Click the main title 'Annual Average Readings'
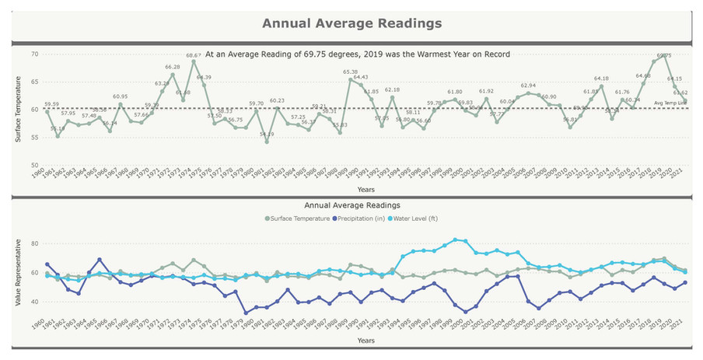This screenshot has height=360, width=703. (351, 23)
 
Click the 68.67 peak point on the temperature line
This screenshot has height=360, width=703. (194, 61)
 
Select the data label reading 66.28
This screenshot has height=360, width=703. (173, 68)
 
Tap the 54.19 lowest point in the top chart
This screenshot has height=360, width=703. (266, 142)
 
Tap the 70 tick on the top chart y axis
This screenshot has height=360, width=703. (35, 54)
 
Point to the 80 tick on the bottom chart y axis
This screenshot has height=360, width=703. (35, 244)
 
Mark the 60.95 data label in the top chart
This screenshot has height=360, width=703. (121, 96)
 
